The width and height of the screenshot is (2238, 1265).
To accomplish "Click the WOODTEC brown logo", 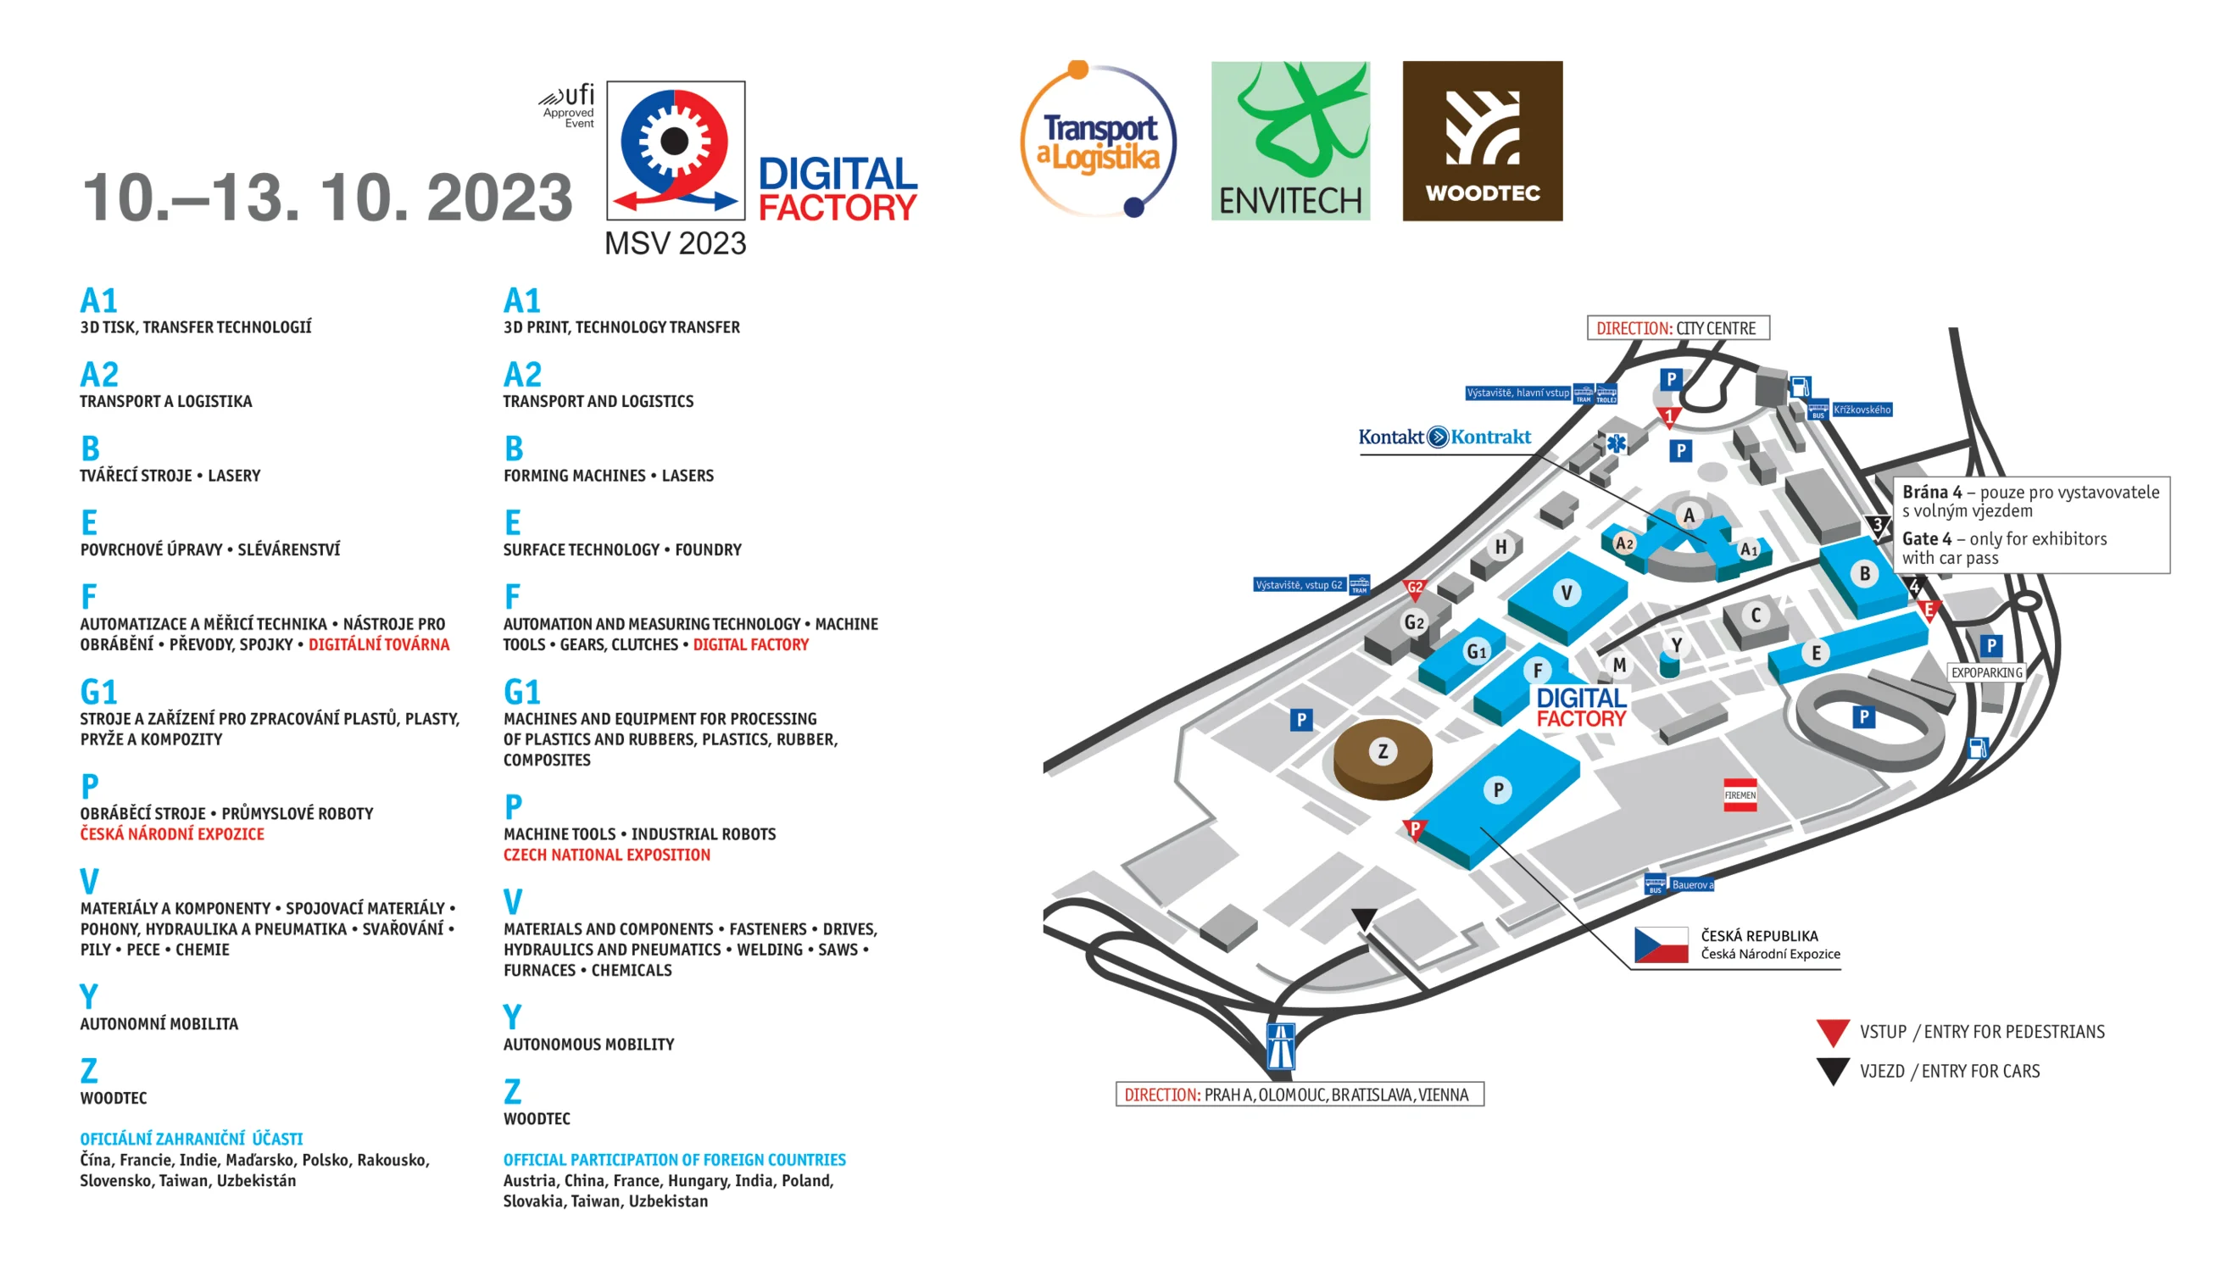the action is click(1482, 141).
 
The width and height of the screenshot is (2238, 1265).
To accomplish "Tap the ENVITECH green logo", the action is click(1290, 141).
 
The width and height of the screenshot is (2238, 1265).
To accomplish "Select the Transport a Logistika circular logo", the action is click(1099, 139).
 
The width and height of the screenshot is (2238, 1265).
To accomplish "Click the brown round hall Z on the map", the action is click(1383, 758).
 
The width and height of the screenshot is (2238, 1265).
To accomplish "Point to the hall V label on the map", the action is click(1567, 593).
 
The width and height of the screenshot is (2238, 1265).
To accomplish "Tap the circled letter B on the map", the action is click(1864, 573).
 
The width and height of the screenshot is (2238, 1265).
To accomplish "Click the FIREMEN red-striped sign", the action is click(1740, 795).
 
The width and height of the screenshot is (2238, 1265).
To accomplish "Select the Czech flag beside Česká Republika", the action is click(1660, 945).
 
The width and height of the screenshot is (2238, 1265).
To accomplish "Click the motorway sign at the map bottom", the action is click(1281, 1045).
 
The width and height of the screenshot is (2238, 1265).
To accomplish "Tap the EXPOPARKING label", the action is click(1986, 672).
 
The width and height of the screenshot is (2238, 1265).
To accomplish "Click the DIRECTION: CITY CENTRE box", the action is click(1678, 328).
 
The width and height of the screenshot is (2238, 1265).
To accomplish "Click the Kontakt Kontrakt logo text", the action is click(1444, 436).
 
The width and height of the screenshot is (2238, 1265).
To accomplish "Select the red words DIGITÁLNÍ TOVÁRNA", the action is click(379, 644).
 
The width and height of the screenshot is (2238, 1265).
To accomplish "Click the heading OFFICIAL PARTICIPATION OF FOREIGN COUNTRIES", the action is click(674, 1160).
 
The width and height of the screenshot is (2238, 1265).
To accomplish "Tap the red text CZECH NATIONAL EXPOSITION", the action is click(606, 855).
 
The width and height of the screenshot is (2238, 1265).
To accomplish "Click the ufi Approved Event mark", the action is click(567, 106).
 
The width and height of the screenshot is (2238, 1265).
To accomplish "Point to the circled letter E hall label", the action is click(1816, 654).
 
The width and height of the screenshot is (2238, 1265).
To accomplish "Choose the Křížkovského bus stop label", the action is click(1861, 410).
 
